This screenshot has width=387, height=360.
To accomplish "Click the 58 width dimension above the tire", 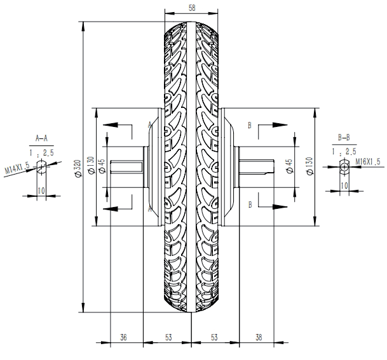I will coord(192,8).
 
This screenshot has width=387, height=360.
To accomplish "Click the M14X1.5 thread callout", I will coord(18,169).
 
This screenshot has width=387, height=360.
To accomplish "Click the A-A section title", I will coord(42,138).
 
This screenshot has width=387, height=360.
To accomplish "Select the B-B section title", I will coord(344,138).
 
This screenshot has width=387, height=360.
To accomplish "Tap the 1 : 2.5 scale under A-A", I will coord(42,152).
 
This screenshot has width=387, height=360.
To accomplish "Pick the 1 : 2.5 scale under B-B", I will coord(344,152).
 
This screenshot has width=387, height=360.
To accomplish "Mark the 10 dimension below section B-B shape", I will coord(344,185).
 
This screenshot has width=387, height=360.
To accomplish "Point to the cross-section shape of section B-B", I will coord(344,166).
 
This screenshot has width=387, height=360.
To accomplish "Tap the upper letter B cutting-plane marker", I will coord(251,126).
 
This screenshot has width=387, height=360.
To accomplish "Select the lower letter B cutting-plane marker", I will coord(251,204).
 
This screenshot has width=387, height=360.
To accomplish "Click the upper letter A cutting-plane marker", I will coord(150,124).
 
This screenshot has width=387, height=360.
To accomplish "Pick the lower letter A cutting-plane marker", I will coord(150,208).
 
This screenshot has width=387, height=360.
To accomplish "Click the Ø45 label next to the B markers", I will coord(289,166).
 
